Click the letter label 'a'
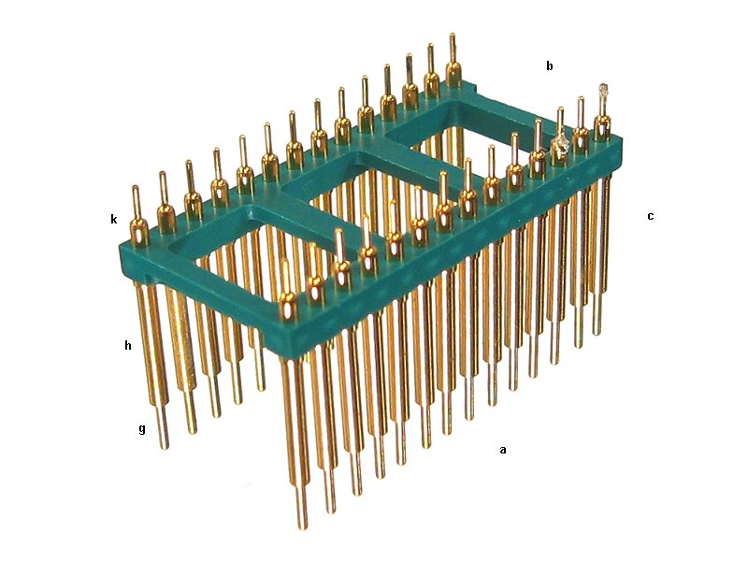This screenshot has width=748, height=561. tap(502, 450)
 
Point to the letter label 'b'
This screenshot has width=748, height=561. tap(550, 65)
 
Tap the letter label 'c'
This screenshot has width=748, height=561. tap(650, 216)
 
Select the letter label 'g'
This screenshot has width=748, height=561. tap(142, 429)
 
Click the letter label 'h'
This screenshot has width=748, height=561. tap(128, 345)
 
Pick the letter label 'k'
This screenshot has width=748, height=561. tap(113, 219)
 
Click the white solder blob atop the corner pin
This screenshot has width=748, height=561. tap(603, 91)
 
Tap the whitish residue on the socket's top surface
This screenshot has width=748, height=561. tap(560, 145)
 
